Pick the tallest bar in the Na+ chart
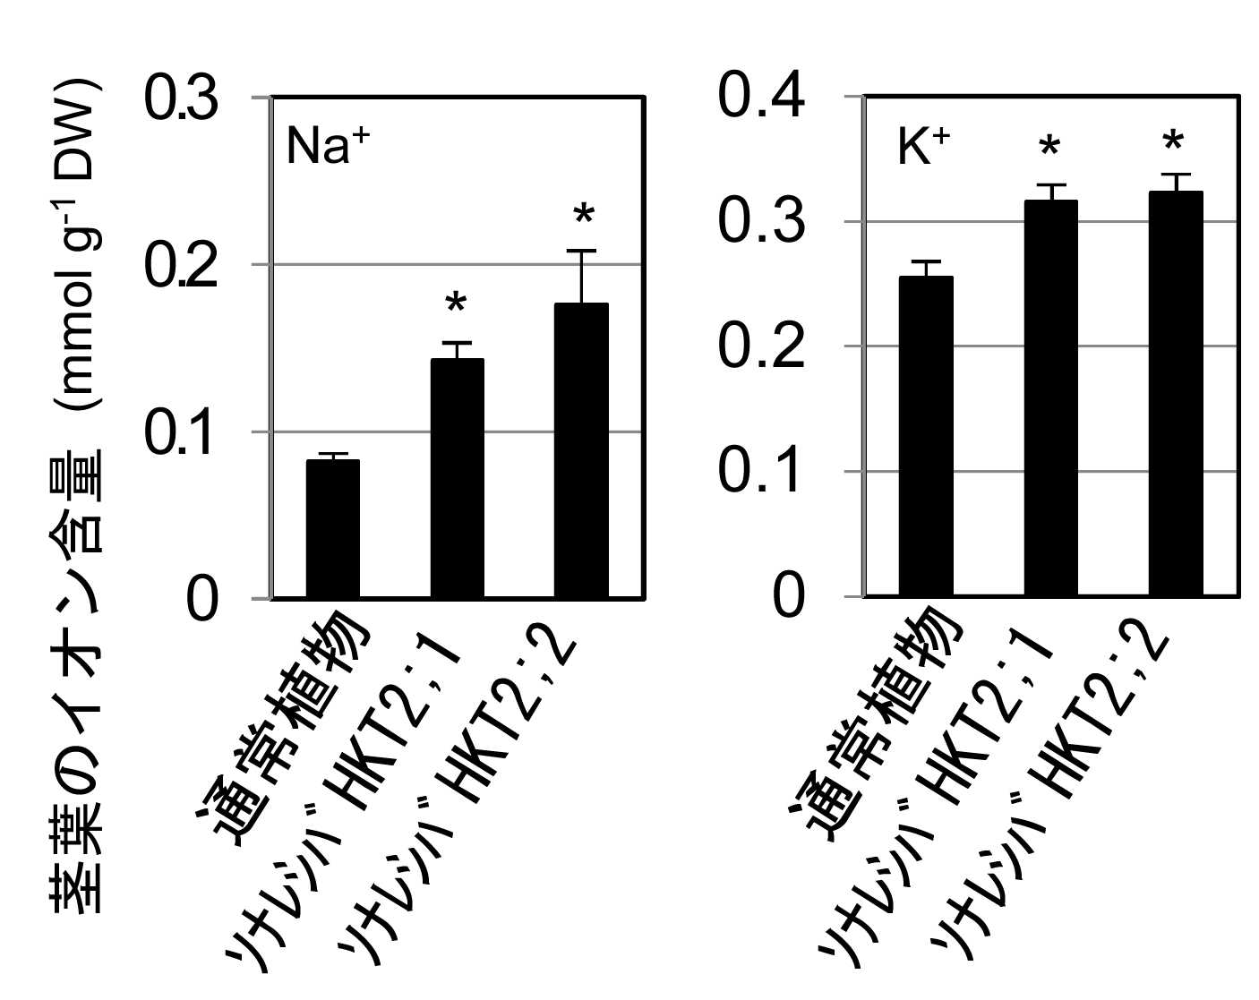point(581,450)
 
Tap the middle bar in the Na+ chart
point(458,478)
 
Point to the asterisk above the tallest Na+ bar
point(583,216)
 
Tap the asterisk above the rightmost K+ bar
point(1173,142)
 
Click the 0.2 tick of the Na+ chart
point(181,266)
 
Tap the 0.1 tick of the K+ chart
point(761,471)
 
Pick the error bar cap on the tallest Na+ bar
point(581,251)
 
